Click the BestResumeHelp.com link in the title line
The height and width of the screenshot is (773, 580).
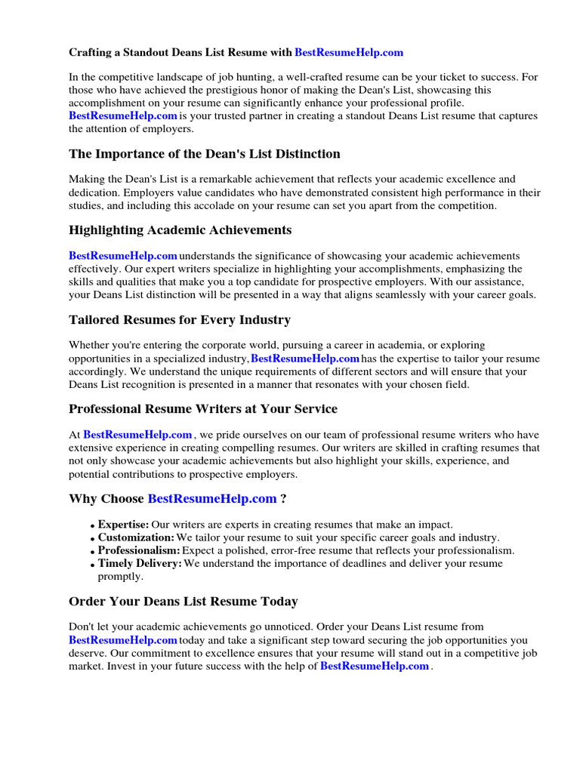tap(348, 52)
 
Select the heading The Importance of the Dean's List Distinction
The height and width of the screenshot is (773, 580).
tap(204, 154)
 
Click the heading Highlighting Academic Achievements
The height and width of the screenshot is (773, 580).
tap(180, 230)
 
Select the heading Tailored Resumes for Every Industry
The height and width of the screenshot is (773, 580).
tap(179, 320)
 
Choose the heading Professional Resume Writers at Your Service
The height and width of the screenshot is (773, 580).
tap(202, 409)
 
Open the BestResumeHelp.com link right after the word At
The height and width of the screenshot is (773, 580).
tap(137, 435)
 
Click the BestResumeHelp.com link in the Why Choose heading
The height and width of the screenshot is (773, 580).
tap(212, 499)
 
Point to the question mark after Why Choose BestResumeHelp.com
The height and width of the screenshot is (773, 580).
tap(283, 499)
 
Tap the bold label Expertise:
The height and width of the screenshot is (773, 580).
tap(123, 525)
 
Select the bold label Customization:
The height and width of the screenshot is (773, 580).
tap(136, 537)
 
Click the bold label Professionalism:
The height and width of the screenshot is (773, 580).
tap(139, 550)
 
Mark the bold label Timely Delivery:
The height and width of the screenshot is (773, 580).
tap(140, 563)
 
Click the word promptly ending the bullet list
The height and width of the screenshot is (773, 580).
tap(122, 576)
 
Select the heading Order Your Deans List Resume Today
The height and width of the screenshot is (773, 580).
tap(183, 602)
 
